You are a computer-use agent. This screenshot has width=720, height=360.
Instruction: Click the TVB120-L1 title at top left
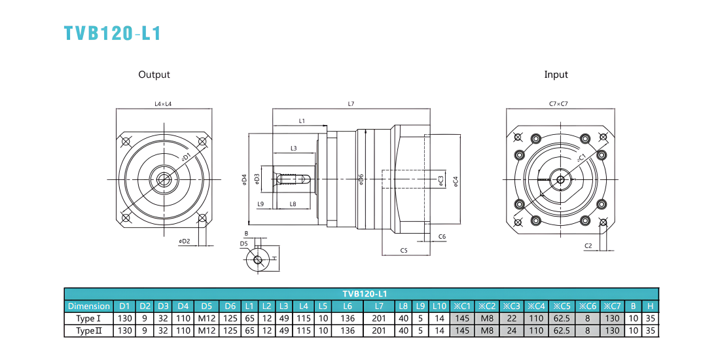113,33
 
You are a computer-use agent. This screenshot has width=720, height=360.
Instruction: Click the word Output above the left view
154,75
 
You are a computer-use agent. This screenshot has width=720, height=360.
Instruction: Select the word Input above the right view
556,75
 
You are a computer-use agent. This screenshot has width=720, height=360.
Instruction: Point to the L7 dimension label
351,104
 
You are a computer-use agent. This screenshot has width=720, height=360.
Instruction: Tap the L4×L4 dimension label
164,104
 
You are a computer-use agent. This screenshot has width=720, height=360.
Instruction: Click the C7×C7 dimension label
559,104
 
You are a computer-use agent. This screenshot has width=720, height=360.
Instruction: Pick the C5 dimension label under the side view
404,250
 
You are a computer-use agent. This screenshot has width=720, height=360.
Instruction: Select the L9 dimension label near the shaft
261,204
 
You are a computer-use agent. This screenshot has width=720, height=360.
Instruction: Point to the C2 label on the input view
588,246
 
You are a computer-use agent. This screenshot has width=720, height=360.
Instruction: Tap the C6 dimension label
442,236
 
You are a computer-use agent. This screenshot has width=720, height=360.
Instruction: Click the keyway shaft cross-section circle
258,259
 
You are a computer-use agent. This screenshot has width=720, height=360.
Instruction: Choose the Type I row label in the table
88,318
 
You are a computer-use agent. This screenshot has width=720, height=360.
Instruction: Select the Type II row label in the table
88,331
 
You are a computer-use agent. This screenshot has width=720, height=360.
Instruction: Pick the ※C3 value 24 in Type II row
512,331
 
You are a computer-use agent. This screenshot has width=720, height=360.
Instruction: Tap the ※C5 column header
561,306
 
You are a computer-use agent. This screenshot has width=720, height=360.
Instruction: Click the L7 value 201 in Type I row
379,318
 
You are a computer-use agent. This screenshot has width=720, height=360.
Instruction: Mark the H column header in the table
650,306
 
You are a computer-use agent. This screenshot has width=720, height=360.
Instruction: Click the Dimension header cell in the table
88,306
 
